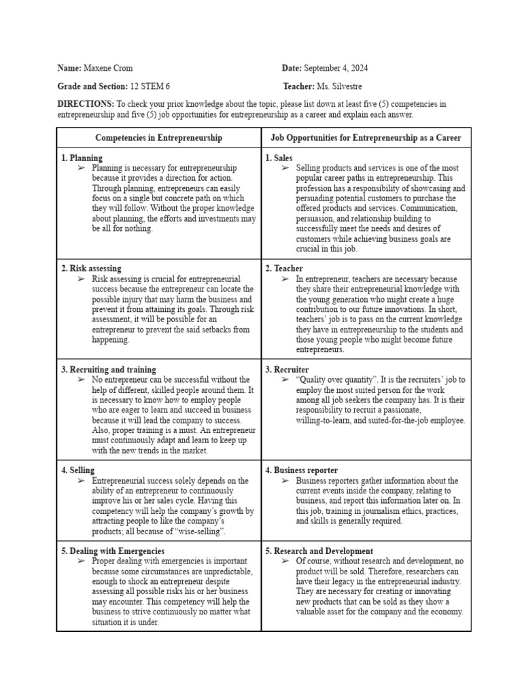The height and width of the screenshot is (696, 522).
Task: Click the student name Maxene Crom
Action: tap(108, 69)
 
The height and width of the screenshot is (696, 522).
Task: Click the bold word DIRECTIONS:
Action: tap(86, 104)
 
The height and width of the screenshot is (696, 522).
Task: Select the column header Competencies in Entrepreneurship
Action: tap(158, 138)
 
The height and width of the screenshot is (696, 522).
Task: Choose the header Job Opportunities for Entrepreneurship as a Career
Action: tap(366, 138)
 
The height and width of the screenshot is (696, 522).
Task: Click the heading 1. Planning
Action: tap(82, 158)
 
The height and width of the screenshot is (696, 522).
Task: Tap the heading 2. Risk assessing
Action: tap(91, 269)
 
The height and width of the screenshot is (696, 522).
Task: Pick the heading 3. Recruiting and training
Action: tap(109, 370)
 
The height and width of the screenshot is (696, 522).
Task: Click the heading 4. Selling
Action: tap(78, 470)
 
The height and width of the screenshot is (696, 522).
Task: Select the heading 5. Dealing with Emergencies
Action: tap(112, 551)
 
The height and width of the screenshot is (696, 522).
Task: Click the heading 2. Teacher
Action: tap(284, 269)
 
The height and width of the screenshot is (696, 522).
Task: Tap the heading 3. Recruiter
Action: tap(287, 370)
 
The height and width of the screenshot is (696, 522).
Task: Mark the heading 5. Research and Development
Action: tap(319, 551)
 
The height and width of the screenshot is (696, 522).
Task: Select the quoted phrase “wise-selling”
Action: tap(201, 531)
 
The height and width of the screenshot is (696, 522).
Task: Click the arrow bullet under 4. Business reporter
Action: tap(285, 481)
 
